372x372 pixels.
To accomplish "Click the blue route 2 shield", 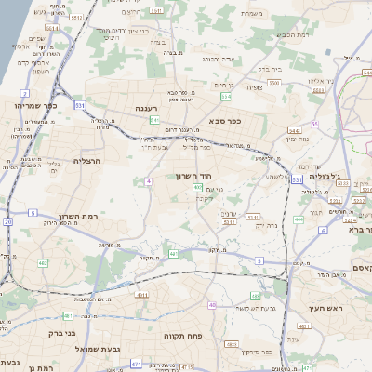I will click(22, 94).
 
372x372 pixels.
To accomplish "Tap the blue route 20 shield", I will click(8, 221).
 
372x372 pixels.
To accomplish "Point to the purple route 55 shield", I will click(315, 123).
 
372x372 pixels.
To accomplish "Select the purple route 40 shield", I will click(198, 188).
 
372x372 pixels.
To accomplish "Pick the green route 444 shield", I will click(299, 219).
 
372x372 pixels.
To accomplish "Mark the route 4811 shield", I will click(142, 295).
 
